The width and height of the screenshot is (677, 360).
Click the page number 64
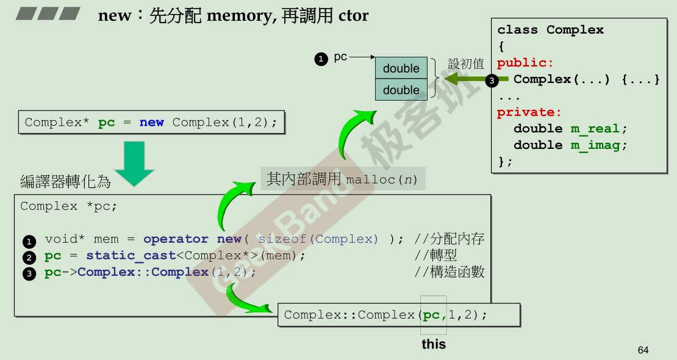click(x=643, y=350)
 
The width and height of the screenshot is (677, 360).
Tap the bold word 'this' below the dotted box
click(x=434, y=344)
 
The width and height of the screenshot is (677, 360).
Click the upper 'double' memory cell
click(x=401, y=68)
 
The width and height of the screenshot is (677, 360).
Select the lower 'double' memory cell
click(x=401, y=90)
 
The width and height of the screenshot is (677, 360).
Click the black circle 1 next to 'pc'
click(x=321, y=59)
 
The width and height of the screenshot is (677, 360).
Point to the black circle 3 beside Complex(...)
click(x=492, y=80)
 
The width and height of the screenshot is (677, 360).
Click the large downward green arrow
click(x=134, y=163)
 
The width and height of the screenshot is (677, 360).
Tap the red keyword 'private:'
click(x=529, y=112)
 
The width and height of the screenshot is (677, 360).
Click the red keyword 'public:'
click(x=525, y=63)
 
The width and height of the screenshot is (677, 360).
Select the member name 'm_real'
click(x=595, y=129)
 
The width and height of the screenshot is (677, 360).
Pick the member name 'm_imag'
click(x=595, y=145)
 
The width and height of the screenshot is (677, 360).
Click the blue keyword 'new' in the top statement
click(x=151, y=123)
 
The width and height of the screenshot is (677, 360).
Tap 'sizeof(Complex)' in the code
click(x=318, y=239)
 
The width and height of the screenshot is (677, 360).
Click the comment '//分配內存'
click(x=450, y=239)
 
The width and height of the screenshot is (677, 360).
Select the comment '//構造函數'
click(x=450, y=272)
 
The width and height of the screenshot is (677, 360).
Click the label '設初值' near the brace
click(x=466, y=64)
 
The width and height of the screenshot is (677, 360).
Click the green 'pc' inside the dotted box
click(x=431, y=315)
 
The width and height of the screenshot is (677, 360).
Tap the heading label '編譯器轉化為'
click(x=65, y=181)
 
